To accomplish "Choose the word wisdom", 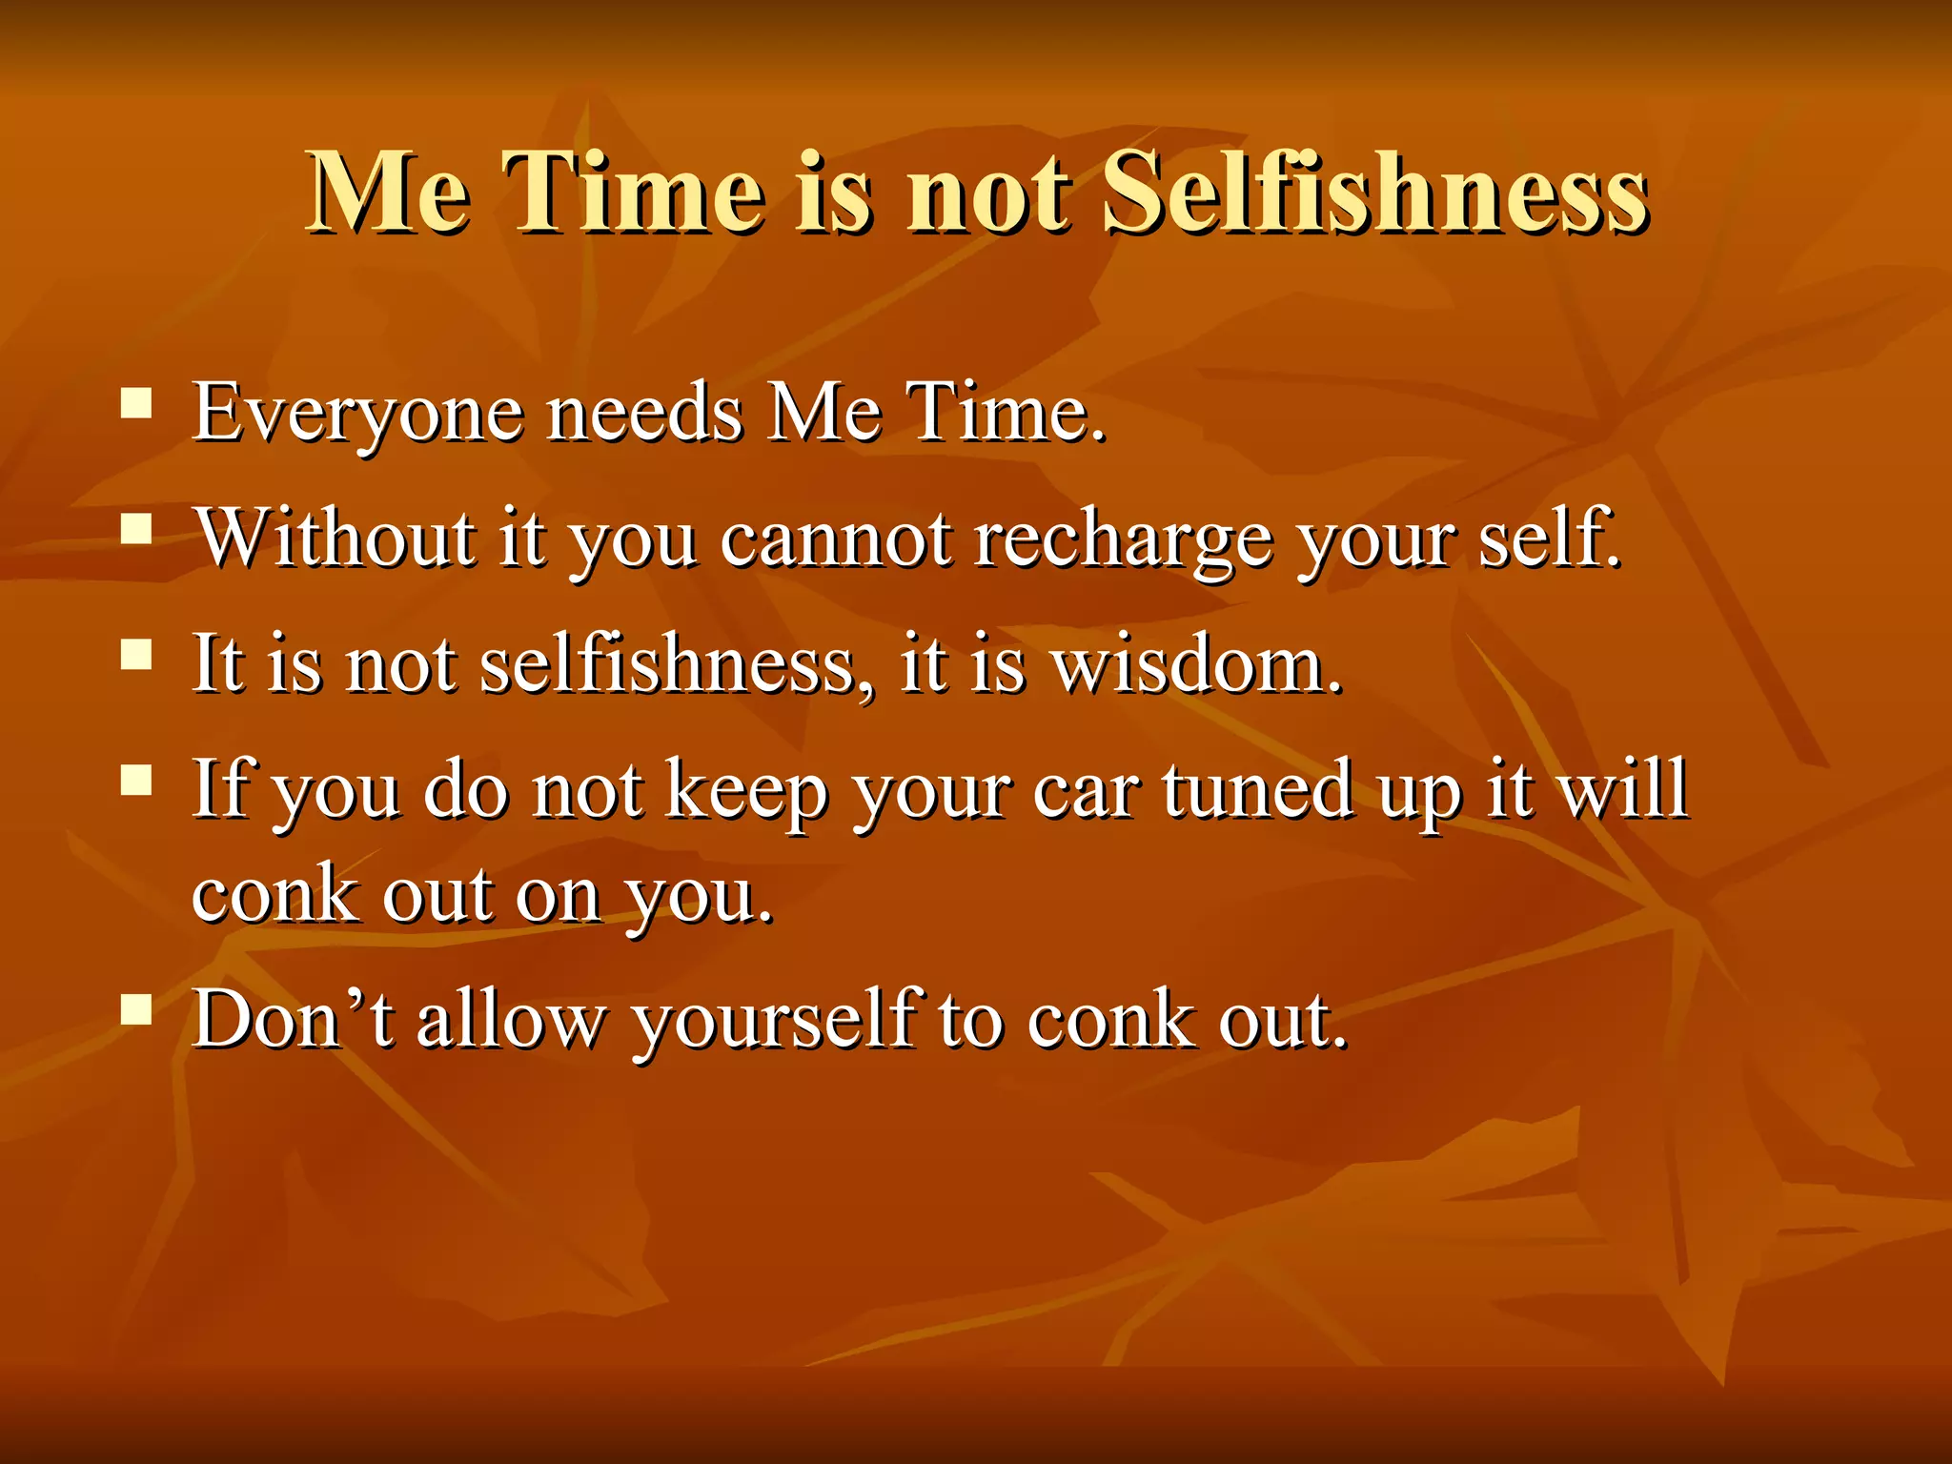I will pos(1196,664).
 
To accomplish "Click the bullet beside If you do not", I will pos(137,780).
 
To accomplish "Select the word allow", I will pos(511,1020).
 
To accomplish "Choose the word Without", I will pos(336,539).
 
